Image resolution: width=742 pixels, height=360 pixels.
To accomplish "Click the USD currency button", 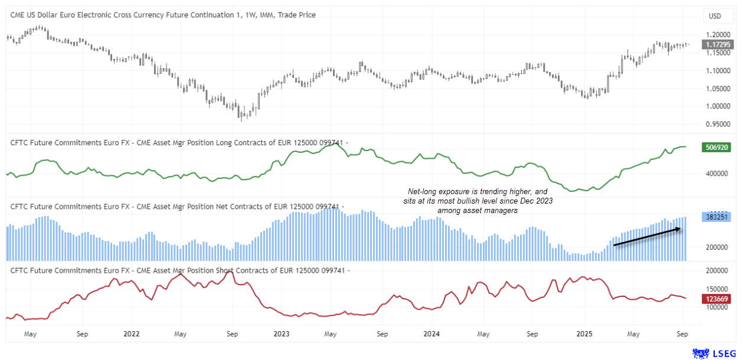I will point(715,16).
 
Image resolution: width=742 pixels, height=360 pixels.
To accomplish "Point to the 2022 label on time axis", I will point(132,334).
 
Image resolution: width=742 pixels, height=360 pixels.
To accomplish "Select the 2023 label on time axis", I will point(282,334).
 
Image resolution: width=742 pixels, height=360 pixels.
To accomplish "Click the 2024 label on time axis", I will point(432,334).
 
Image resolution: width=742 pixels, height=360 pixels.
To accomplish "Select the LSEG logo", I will point(714,353).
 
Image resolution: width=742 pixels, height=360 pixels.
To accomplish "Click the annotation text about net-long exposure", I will point(478,201).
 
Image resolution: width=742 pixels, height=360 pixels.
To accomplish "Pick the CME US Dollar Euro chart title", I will point(163,15).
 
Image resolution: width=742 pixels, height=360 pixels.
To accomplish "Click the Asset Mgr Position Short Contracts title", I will point(177,270).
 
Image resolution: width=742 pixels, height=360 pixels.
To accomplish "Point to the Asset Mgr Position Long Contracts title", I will point(177,142).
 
